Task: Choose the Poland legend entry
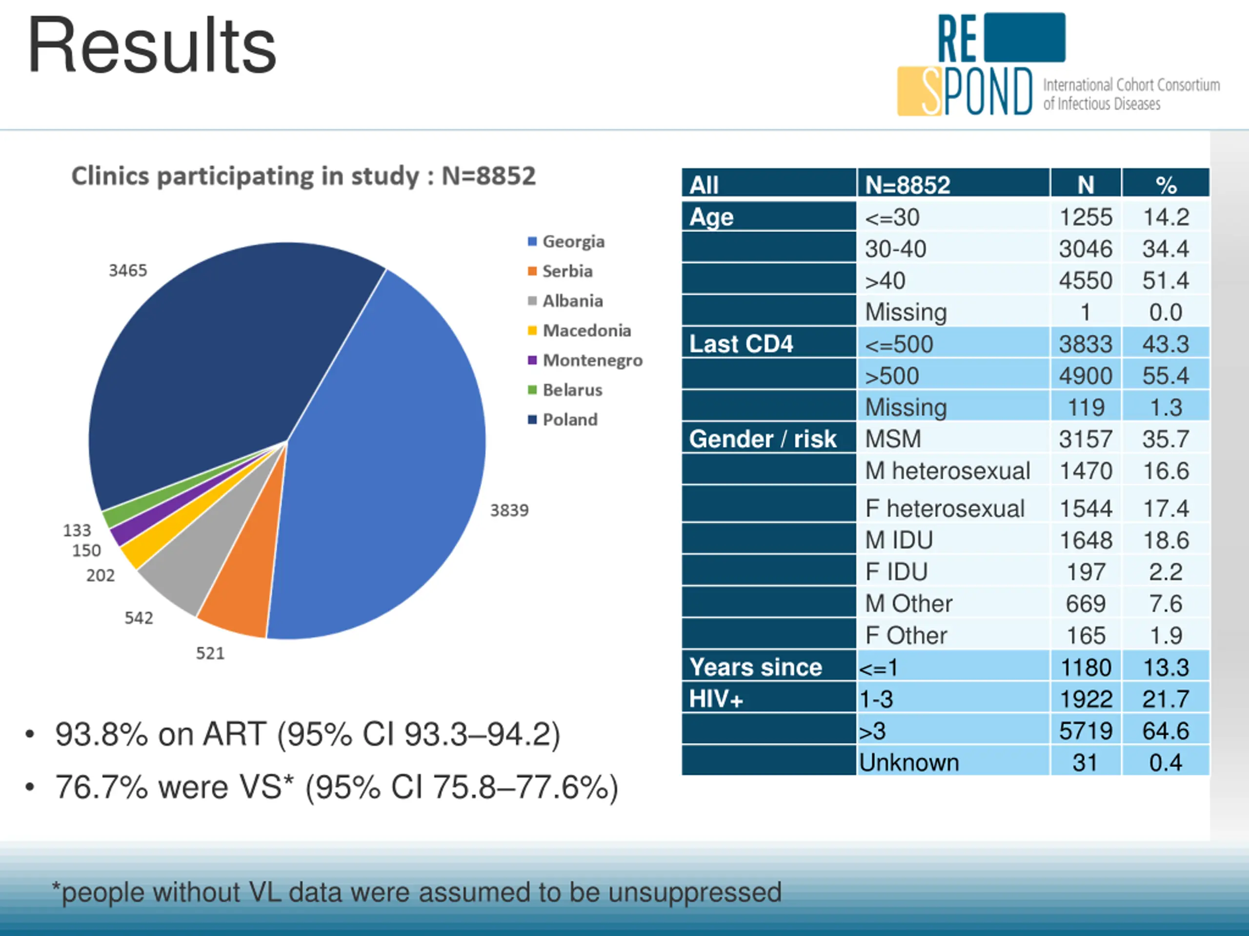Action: click(x=569, y=420)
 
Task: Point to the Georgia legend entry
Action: click(x=573, y=241)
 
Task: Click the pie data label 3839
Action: click(x=509, y=510)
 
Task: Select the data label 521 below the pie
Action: click(x=210, y=653)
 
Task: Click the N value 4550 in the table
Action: click(x=1085, y=280)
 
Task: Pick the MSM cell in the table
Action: click(x=893, y=439)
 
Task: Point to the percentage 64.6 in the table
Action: click(x=1166, y=731)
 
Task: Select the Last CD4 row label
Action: click(x=741, y=344)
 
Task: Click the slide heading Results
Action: click(x=152, y=46)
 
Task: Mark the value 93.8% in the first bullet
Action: click(x=101, y=735)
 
